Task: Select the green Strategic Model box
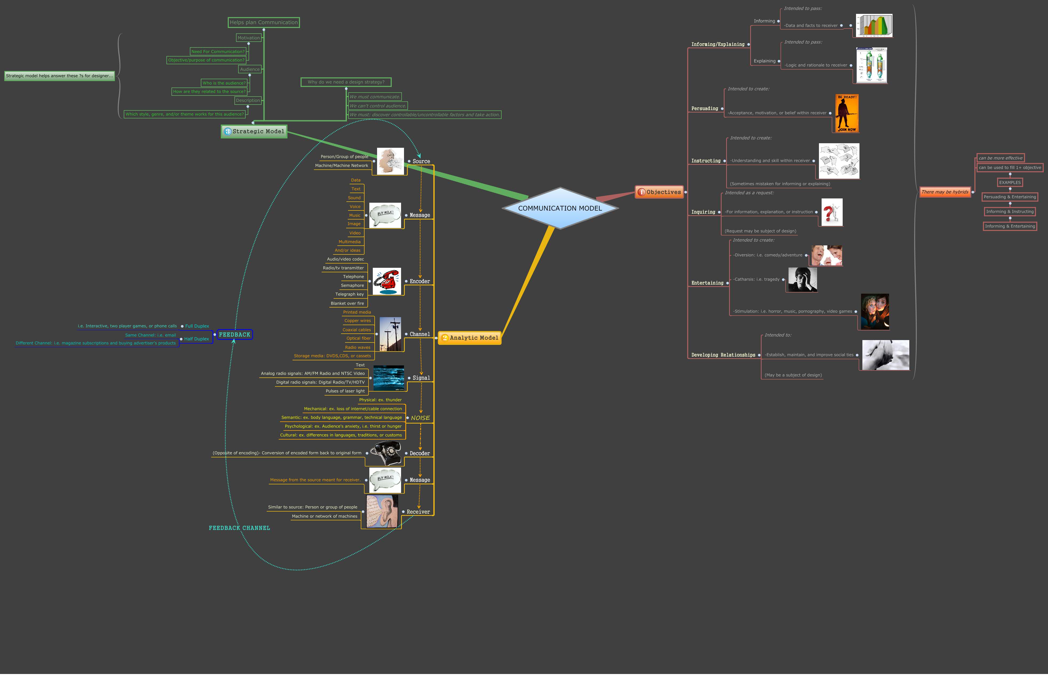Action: point(254,131)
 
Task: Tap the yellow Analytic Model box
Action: point(470,338)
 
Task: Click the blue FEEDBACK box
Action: point(235,334)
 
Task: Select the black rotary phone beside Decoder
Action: point(386,453)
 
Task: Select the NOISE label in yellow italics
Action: point(420,418)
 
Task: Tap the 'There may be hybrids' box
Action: point(945,192)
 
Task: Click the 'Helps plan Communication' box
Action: point(264,22)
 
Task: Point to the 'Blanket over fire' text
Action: point(347,303)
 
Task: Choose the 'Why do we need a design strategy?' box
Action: point(346,82)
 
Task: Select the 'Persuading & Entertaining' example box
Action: point(1009,197)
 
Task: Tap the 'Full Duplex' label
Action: point(197,326)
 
